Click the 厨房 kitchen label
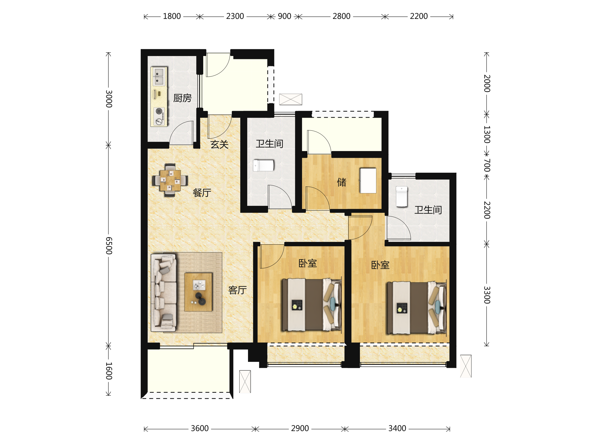pyautogui.click(x=182, y=98)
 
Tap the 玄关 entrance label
pyautogui.click(x=219, y=144)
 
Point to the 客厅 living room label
pyautogui.click(x=238, y=290)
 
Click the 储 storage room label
pyautogui.click(x=342, y=182)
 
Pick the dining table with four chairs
pyautogui.click(x=170, y=180)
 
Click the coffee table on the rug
pyautogui.click(x=198, y=292)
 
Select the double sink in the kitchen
pyautogui.click(x=159, y=76)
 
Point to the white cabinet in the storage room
pyautogui.click(x=368, y=181)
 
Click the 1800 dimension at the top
pyautogui.click(x=172, y=16)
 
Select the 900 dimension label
pyautogui.click(x=285, y=16)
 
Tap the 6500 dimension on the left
pyautogui.click(x=109, y=246)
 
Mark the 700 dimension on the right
pyautogui.click(x=487, y=165)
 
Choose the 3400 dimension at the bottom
pyautogui.click(x=397, y=429)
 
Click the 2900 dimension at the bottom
pyautogui.click(x=300, y=429)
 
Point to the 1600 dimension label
pyautogui.click(x=109, y=371)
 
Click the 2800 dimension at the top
pyautogui.click(x=342, y=16)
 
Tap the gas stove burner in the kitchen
pyautogui.click(x=159, y=111)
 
